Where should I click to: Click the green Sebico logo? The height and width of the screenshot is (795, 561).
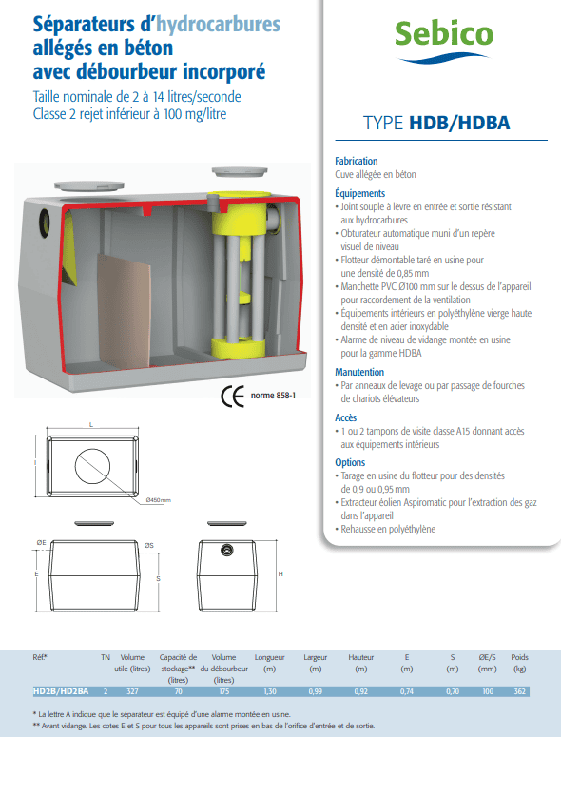(443, 41)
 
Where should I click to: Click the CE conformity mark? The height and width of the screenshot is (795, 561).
(233, 397)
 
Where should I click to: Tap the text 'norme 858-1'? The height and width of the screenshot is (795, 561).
(273, 396)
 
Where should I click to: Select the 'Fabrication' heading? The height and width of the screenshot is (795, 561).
(357, 161)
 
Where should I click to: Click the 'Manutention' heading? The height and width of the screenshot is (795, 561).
(359, 372)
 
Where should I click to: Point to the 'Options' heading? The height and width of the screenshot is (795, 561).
(350, 462)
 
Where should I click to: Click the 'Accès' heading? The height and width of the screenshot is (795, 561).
(345, 417)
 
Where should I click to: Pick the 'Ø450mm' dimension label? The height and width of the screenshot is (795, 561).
(158, 500)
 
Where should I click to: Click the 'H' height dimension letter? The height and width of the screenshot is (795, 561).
(280, 574)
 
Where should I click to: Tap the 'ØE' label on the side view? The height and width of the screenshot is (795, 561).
(41, 542)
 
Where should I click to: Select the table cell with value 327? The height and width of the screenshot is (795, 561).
(132, 691)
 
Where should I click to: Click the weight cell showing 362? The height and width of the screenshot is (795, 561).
(519, 691)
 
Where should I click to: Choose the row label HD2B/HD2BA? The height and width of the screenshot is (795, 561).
(61, 691)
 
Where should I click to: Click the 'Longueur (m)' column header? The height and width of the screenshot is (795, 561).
(270, 663)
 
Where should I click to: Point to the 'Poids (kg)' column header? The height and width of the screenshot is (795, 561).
(519, 663)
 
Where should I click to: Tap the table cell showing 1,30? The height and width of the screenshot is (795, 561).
(270, 691)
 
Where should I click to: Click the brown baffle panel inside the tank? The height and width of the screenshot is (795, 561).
(124, 310)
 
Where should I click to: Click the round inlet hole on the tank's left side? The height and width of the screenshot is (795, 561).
(45, 223)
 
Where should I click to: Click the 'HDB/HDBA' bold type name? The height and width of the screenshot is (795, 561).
(459, 123)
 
